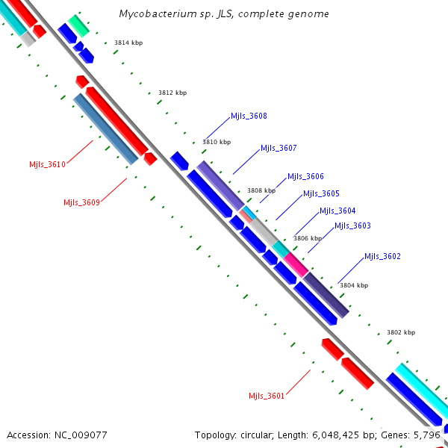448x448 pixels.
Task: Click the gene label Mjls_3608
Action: point(249,116)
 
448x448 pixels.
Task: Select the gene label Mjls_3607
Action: point(279,148)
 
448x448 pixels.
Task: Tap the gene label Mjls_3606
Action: point(305,176)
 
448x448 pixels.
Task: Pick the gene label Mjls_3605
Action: point(321,193)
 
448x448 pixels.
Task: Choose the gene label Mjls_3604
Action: point(337,211)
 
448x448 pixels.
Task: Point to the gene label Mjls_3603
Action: point(352,225)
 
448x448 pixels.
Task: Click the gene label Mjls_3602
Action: point(382,256)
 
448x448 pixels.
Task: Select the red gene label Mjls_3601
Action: point(267,396)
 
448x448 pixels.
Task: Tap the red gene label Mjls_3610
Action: point(47,164)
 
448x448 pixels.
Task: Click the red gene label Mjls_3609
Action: point(81,202)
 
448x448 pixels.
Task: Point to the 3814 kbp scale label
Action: point(128,43)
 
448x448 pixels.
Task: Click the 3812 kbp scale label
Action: point(172,93)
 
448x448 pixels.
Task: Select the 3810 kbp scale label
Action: point(217,141)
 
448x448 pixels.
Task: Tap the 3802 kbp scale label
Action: point(400,332)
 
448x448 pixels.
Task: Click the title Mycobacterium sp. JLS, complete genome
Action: point(223,14)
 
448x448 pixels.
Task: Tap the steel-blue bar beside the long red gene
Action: point(105,128)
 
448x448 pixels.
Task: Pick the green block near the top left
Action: point(78,25)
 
